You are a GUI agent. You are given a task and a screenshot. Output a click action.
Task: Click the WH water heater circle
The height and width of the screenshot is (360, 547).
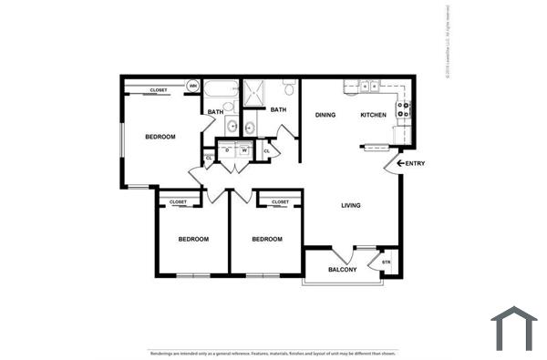(x=193, y=87)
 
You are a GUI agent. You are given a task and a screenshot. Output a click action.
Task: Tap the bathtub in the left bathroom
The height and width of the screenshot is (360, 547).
(x=218, y=90)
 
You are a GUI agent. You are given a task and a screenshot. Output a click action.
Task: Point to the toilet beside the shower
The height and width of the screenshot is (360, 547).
(x=288, y=88)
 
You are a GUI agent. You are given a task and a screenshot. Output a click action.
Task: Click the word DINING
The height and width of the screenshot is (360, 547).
(x=325, y=115)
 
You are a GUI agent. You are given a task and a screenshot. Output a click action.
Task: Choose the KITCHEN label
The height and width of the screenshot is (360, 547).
(x=373, y=115)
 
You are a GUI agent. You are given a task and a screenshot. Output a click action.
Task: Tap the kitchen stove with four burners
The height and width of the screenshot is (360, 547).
(x=404, y=111)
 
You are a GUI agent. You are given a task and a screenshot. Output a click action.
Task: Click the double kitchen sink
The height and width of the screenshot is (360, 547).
(x=369, y=87)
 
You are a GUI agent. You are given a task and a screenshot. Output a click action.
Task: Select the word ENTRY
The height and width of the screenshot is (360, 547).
(x=415, y=163)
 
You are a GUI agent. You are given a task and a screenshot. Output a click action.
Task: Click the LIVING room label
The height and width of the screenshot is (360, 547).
(x=351, y=205)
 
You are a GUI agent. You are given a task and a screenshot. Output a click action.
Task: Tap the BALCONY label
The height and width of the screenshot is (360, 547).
(x=342, y=270)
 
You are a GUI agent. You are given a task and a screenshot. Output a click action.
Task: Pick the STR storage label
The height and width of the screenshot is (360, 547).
(x=386, y=262)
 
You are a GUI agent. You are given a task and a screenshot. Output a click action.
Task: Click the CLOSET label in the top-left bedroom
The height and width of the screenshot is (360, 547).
(x=159, y=90)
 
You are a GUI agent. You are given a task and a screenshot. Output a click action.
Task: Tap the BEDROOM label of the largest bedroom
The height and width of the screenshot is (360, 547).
(x=160, y=137)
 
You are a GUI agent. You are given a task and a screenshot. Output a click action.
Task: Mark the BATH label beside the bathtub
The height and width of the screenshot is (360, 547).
(x=215, y=112)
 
